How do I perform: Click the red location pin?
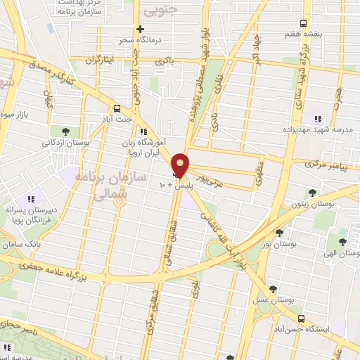180,165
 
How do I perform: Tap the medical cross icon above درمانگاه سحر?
141,29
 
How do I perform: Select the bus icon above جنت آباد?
117,108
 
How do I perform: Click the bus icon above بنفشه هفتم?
303,23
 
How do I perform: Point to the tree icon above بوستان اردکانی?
65,131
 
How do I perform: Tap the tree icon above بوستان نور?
279,233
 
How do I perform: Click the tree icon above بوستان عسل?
273,289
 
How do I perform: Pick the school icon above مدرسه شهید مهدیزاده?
318,120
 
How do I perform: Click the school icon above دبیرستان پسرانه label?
30,200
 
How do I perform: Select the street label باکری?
163,61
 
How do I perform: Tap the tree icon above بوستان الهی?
342,242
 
